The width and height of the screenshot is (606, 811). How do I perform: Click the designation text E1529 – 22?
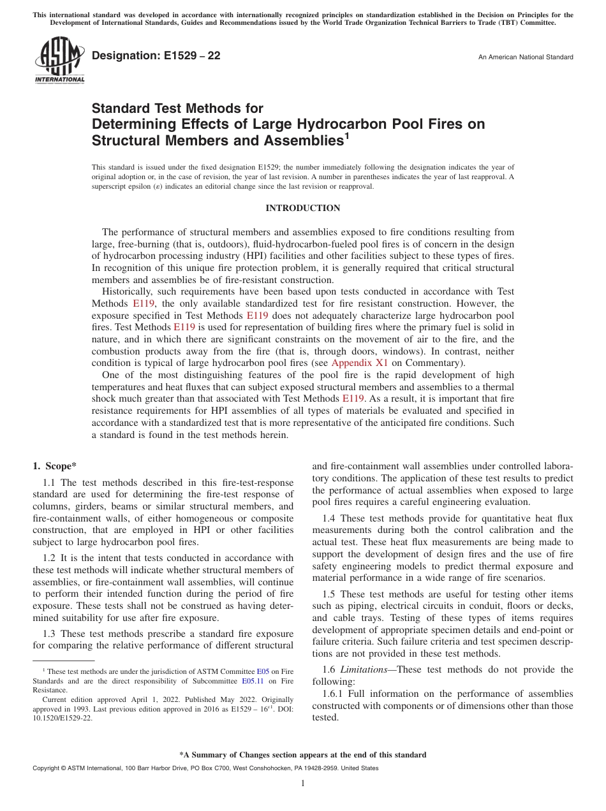coord(156,56)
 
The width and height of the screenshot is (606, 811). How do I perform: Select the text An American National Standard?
coord(526,57)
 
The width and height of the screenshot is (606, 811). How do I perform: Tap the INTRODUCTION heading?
coord(302,208)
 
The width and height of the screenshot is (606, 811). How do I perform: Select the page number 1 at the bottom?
coord(303,784)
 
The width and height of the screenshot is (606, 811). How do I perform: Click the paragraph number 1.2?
coord(50,558)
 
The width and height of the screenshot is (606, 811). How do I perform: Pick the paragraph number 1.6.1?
coord(334,694)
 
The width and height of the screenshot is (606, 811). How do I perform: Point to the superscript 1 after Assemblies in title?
coord(347,135)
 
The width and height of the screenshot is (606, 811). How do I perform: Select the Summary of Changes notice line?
coord(302,755)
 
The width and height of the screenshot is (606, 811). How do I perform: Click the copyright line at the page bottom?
coord(205,768)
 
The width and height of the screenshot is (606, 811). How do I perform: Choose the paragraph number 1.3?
coord(50,634)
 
